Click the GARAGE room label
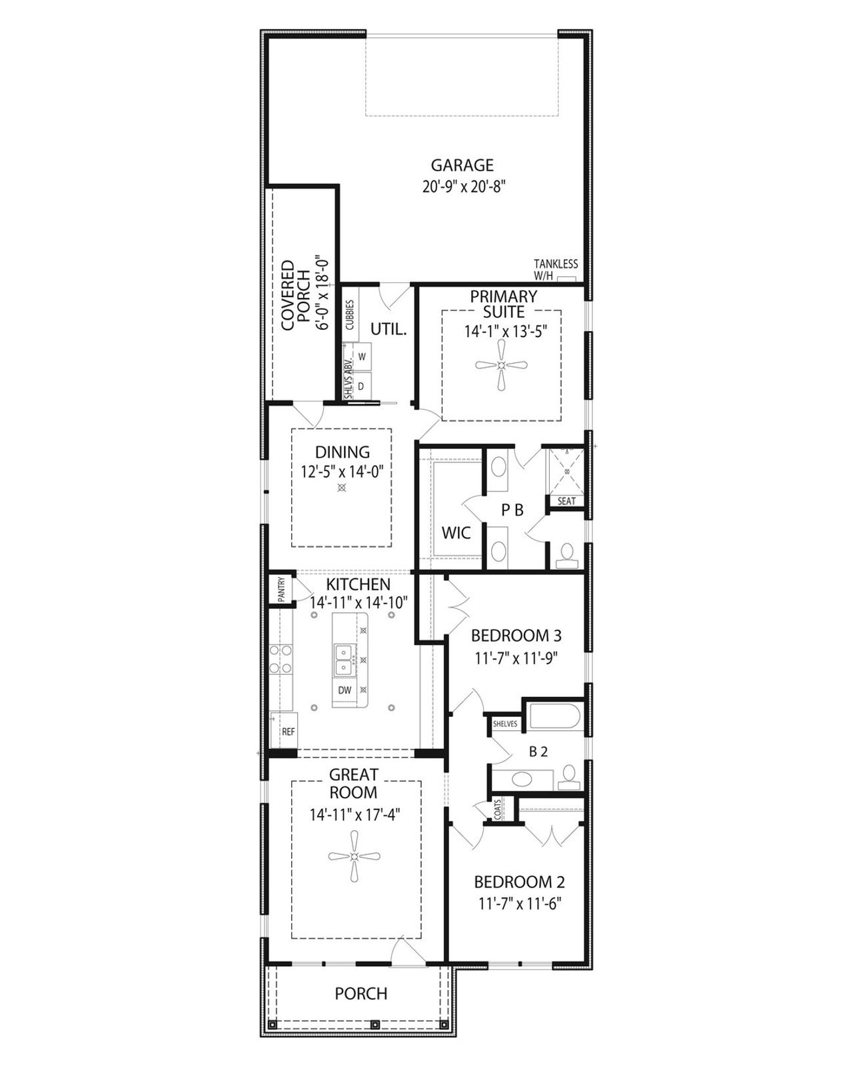point(462,165)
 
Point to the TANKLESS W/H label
point(555,269)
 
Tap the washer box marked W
point(362,356)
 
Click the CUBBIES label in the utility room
point(349,314)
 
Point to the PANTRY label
point(281,590)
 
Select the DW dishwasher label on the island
point(345,690)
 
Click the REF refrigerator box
point(287,731)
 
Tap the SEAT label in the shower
point(566,501)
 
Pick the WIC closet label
point(456,533)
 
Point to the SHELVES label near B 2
point(505,724)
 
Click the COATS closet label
point(497,809)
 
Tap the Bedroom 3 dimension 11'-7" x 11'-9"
point(516,658)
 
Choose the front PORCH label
point(361,993)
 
